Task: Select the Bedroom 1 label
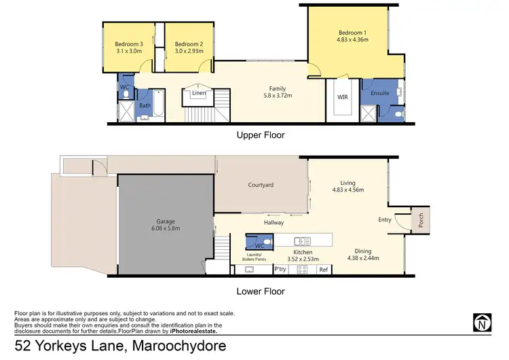point(353,32)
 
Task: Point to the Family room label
point(277,88)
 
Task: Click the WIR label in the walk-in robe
point(343,97)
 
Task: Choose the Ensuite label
point(380,93)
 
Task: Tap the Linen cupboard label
point(199,93)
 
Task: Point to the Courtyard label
point(260,184)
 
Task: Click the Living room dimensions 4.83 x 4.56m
point(347,190)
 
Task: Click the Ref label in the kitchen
point(324,270)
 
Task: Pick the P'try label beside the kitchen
point(280,270)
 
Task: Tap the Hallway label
point(274,222)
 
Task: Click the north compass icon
point(482,321)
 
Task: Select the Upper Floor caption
point(260,135)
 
